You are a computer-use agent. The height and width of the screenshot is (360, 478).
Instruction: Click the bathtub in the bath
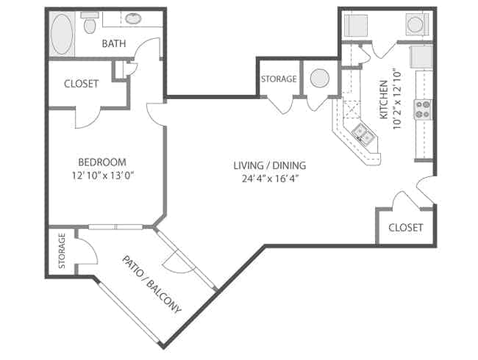coord(62,33)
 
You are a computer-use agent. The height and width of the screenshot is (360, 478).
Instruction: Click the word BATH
coord(114,44)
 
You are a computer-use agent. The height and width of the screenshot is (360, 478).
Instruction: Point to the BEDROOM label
coord(102,162)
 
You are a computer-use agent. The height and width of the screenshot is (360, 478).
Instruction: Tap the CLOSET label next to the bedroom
coord(81,84)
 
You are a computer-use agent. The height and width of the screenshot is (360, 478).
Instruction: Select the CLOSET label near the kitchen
coord(405,228)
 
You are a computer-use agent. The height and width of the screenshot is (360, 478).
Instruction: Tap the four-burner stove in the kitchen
coord(424,109)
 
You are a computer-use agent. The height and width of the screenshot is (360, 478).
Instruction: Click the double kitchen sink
coord(363,133)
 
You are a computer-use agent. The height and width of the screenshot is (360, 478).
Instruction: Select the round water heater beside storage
coord(321,79)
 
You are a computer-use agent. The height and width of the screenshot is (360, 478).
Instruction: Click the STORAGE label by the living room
coord(279,79)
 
